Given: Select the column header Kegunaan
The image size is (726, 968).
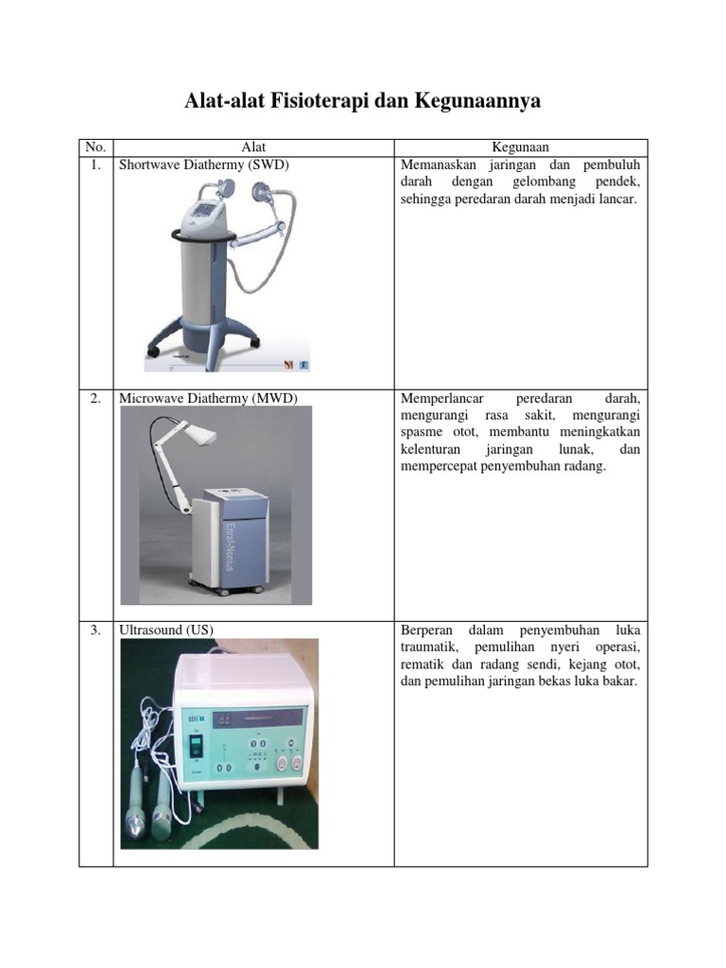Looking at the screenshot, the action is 521,147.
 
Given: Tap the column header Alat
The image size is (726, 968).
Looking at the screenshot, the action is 253,147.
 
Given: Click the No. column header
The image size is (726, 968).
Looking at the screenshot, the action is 95,147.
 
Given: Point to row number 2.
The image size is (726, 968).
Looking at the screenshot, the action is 95,398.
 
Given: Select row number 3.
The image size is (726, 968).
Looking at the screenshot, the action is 95,630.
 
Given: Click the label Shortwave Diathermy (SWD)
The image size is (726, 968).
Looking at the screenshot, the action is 204,164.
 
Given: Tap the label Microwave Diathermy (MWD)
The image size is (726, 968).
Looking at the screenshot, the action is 208,398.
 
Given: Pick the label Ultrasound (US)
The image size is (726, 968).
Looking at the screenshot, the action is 166,630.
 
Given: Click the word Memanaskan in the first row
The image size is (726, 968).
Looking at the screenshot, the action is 439,164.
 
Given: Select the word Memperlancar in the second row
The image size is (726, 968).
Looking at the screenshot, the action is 442,398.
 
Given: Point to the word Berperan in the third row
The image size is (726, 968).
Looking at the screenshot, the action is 426,631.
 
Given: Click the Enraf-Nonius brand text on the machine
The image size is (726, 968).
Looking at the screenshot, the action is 230,547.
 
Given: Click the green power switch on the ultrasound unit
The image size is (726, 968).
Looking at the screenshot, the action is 196,749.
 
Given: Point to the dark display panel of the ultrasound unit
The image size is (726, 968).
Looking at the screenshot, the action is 258,718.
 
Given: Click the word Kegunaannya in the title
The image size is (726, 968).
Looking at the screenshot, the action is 477,100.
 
